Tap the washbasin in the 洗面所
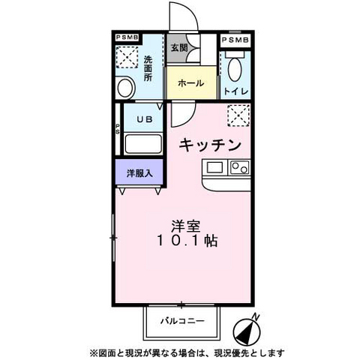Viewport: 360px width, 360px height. pos(125,86)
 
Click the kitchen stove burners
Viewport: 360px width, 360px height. pos(239,167)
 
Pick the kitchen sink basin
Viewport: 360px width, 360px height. pos(215,167)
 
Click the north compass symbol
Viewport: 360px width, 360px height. pos(251,329)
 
